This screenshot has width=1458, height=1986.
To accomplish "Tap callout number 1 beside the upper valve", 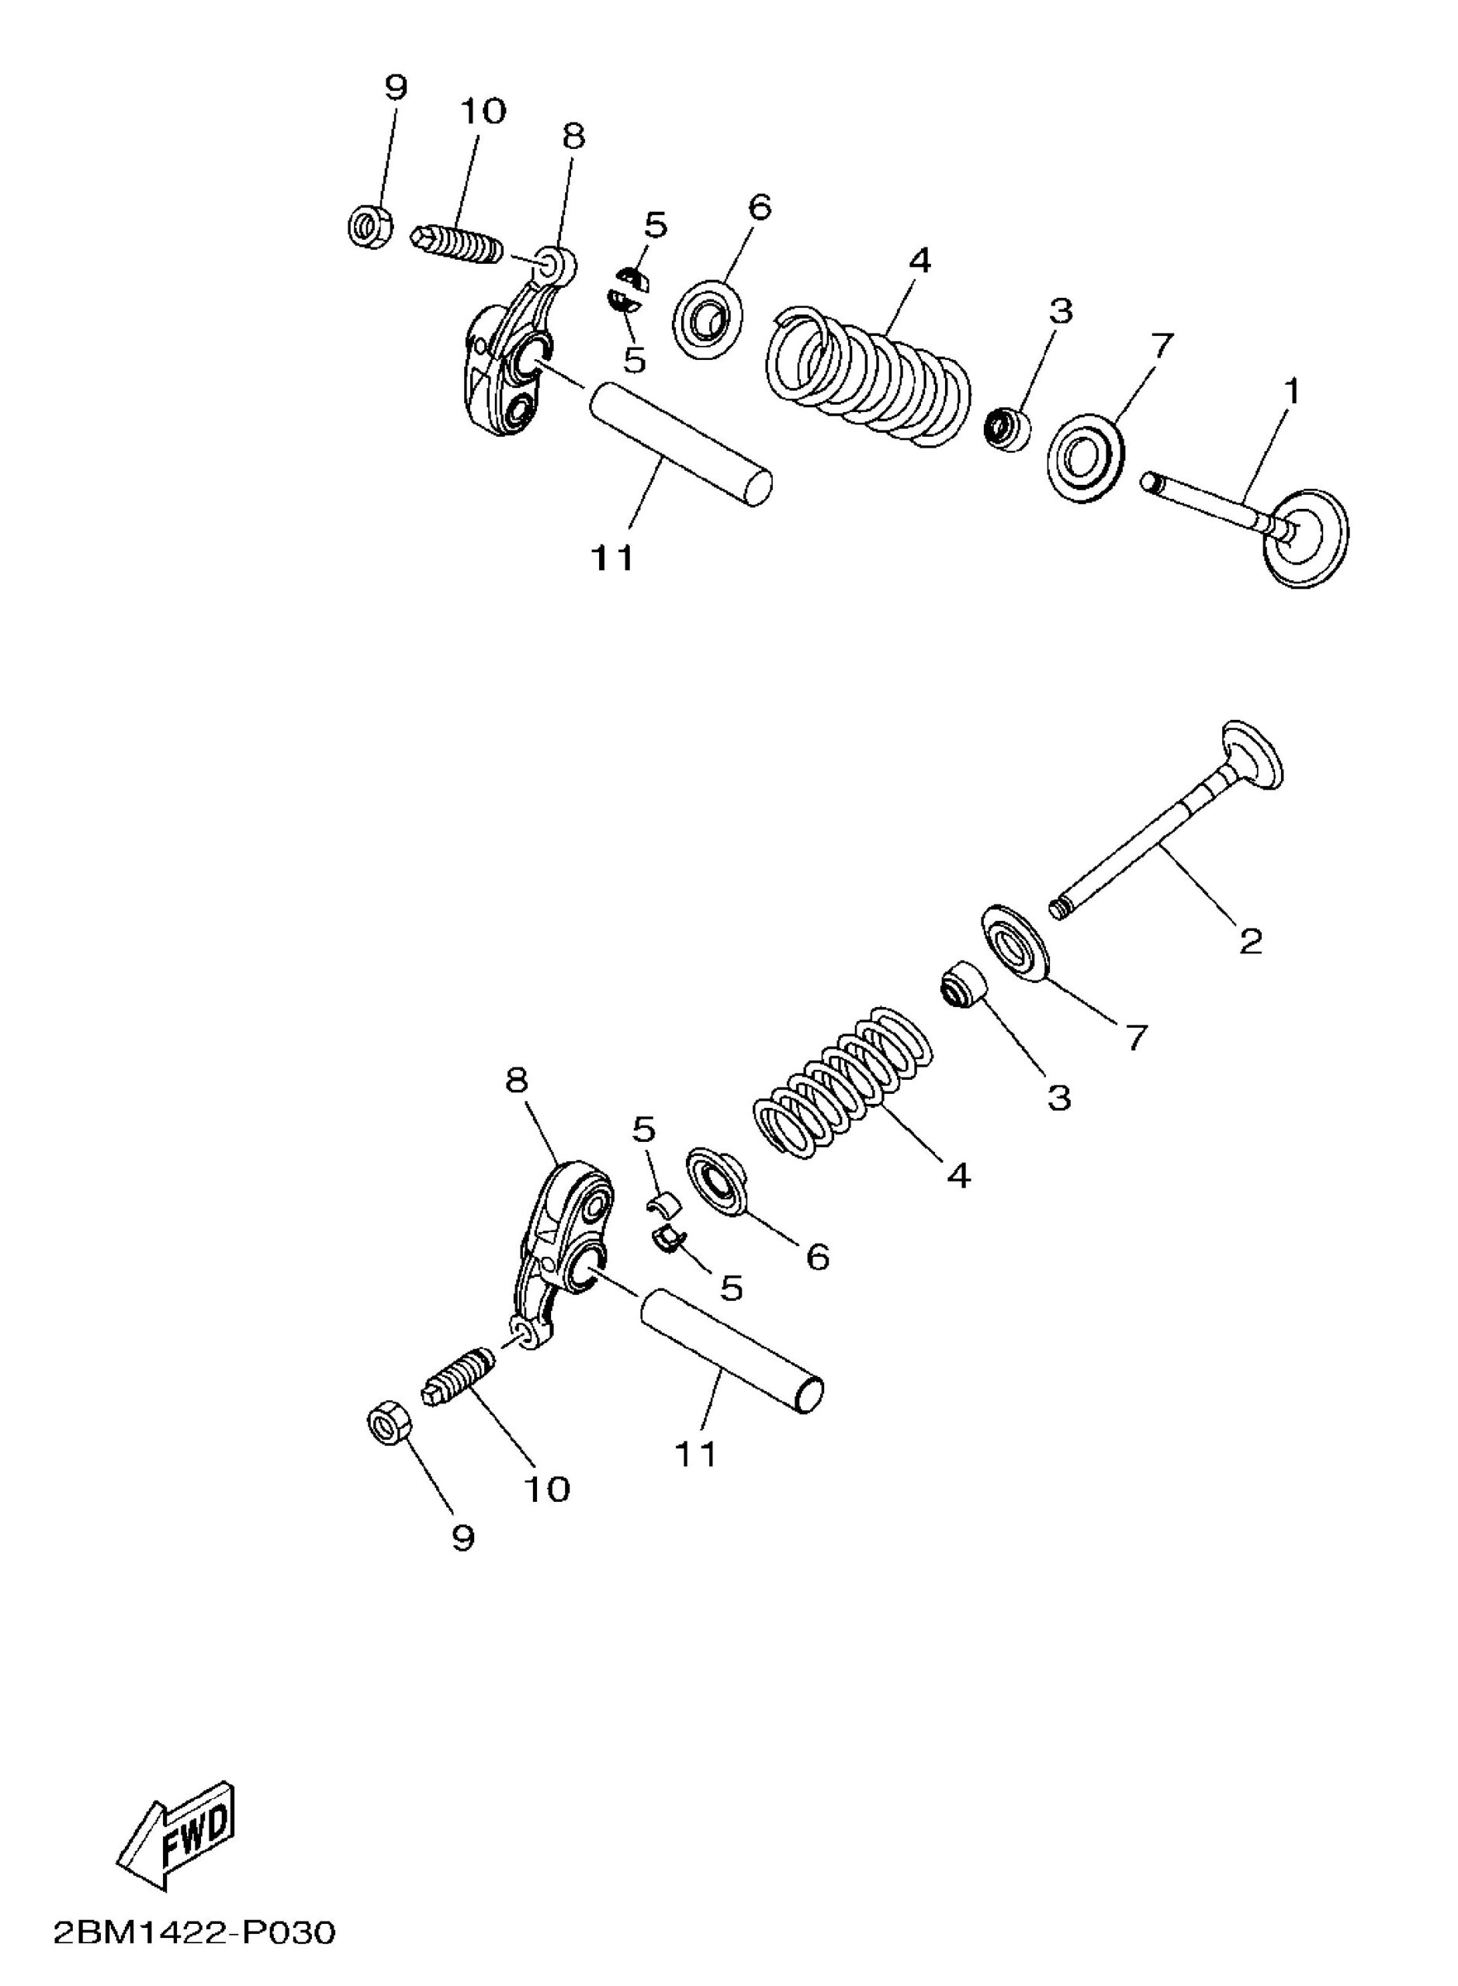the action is pos(1291,392).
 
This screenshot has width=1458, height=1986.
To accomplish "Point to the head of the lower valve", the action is pos(1251,757).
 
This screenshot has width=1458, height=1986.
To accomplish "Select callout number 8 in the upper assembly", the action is pos(573,137).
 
